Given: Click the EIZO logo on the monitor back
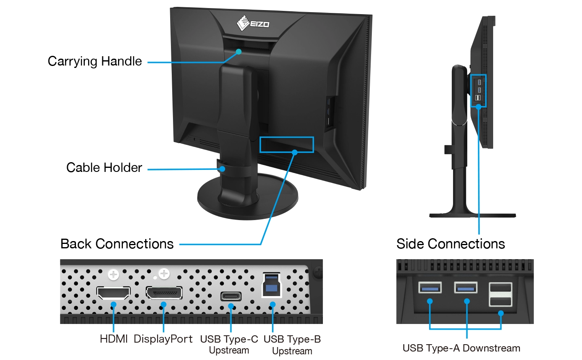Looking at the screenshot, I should (x=253, y=23).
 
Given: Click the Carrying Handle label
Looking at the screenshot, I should (x=95, y=61).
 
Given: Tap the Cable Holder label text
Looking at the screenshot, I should (x=104, y=167).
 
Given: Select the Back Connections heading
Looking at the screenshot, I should (x=117, y=244).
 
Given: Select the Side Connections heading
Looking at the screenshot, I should (x=450, y=244).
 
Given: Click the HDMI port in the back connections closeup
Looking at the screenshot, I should (x=114, y=293).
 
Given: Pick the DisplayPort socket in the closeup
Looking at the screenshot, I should (x=164, y=293).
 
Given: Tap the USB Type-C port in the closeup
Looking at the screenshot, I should (x=231, y=296).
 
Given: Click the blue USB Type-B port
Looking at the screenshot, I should (x=272, y=285).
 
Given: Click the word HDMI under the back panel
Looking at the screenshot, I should (x=114, y=339).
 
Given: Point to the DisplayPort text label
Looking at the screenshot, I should (x=163, y=339).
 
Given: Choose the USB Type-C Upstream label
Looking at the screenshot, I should (x=229, y=344).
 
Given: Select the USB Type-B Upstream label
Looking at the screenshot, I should (x=292, y=345).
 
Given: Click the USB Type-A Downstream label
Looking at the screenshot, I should (x=461, y=348).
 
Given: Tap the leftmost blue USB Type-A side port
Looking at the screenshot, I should (x=430, y=288).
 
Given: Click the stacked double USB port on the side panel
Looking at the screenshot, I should (x=500, y=294).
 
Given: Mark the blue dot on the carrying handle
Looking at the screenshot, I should (x=239, y=51).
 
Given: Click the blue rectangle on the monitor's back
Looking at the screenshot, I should (x=287, y=144).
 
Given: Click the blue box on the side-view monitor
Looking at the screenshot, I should (x=479, y=91).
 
